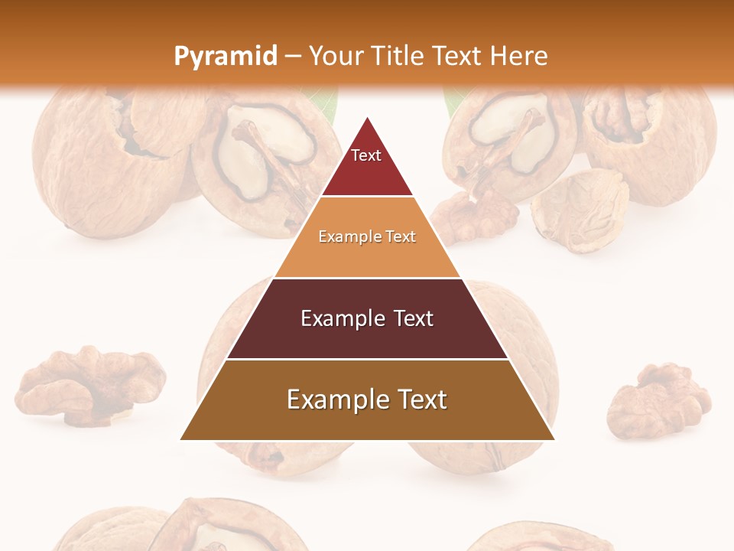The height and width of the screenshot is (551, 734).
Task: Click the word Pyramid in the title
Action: pos(225,57)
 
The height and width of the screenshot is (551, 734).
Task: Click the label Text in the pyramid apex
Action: pos(366,155)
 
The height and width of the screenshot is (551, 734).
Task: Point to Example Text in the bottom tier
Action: pos(367,399)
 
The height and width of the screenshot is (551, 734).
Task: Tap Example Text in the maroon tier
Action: pos(367,318)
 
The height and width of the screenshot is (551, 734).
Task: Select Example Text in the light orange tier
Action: pos(367,236)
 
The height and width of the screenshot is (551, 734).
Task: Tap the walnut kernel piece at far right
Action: pos(659,398)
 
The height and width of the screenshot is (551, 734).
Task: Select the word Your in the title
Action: pos(335,56)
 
